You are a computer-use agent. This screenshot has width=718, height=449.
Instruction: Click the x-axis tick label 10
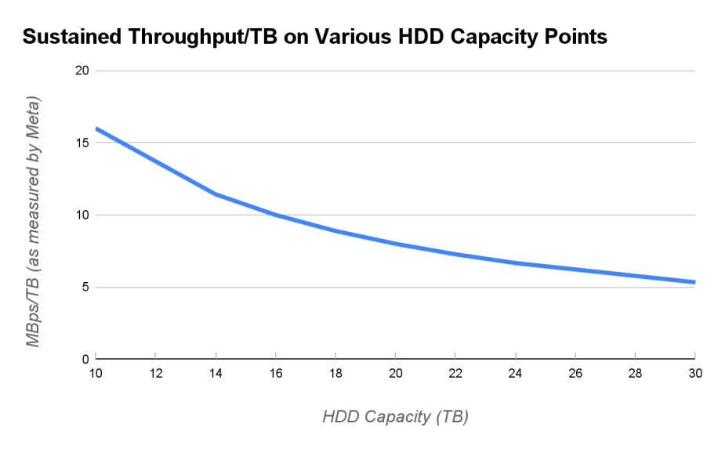(x=96, y=374)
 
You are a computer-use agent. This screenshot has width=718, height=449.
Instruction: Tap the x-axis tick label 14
(x=216, y=374)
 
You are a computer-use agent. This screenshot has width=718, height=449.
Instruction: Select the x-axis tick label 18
(x=335, y=374)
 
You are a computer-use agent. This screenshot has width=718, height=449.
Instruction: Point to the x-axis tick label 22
(x=455, y=374)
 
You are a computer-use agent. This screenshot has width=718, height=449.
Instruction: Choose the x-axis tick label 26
(x=575, y=374)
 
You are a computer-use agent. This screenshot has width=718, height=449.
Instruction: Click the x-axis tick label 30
(x=694, y=374)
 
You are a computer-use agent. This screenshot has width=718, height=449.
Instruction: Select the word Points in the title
(x=571, y=37)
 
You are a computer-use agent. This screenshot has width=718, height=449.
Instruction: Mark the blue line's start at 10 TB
(x=96, y=128)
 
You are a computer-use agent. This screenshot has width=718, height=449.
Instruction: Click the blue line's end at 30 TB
(x=694, y=282)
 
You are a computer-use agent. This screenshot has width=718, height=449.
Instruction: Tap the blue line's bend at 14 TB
(x=216, y=194)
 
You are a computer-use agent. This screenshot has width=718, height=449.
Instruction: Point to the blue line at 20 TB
(x=396, y=244)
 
